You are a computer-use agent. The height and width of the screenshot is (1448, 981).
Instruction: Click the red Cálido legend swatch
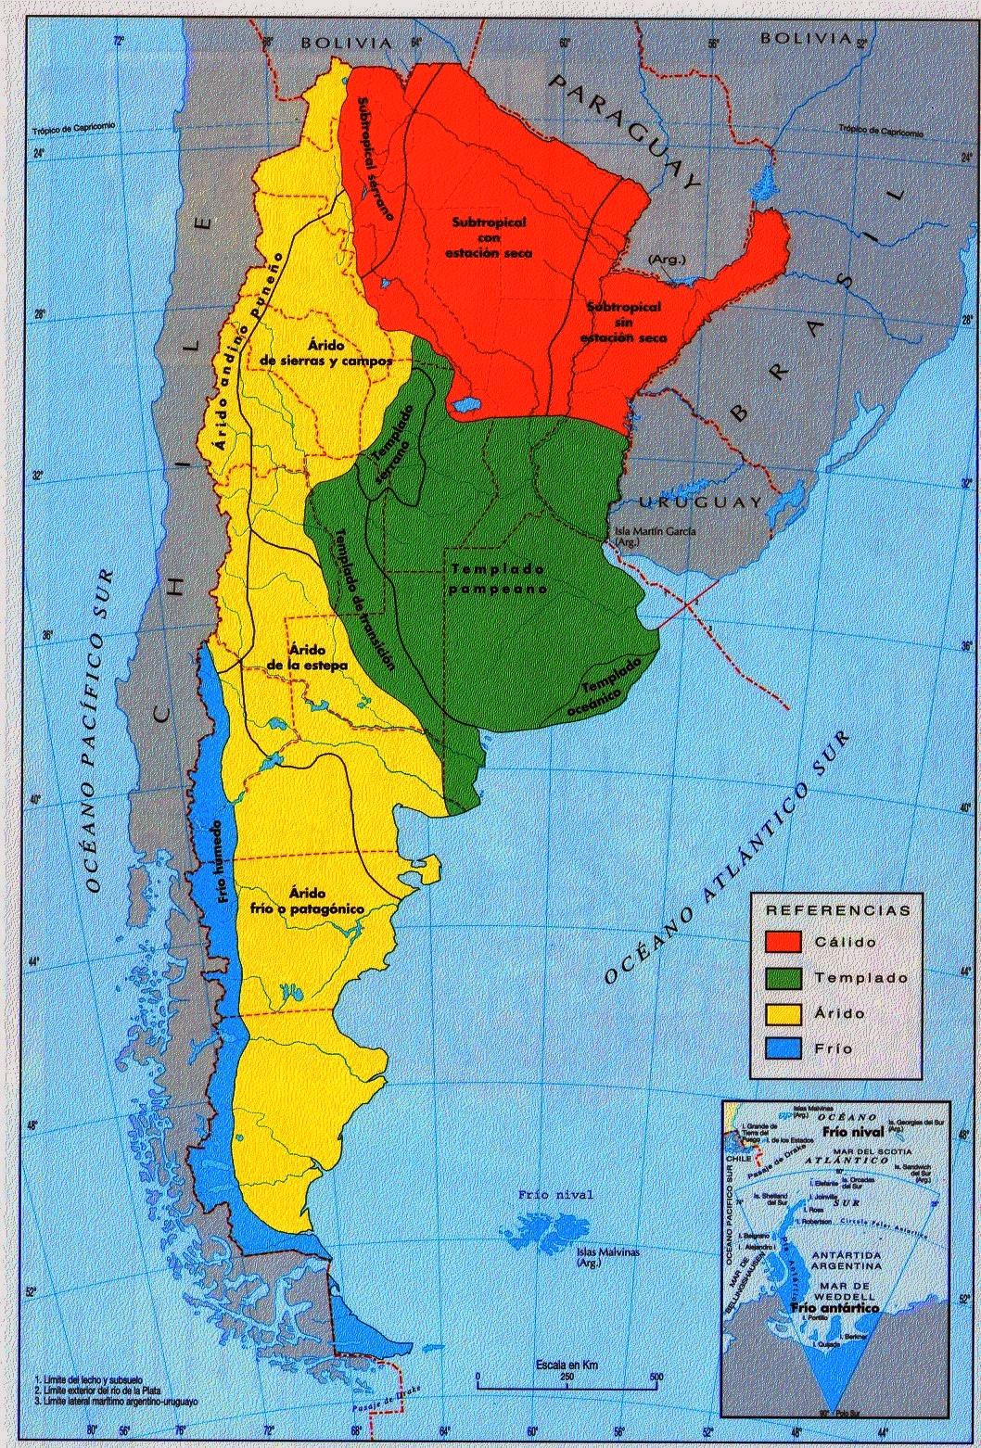784,941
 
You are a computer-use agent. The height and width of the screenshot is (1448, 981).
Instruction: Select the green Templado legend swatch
784,977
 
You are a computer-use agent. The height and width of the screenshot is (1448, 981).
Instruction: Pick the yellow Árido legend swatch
784,1013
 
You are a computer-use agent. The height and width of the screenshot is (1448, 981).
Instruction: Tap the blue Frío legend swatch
784,1048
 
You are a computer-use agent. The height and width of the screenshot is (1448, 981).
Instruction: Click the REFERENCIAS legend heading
838,910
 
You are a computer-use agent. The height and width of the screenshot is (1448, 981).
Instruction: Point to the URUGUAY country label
700,502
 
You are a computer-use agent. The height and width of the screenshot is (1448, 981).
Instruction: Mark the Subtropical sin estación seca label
623,323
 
